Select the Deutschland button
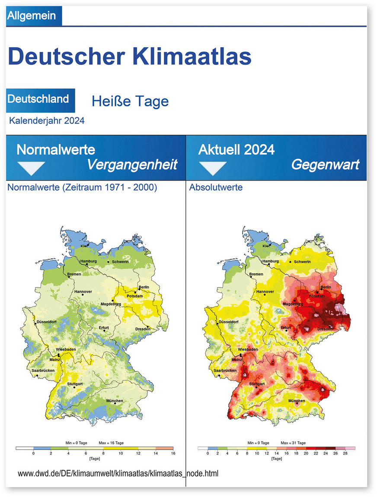pyautogui.click(x=38, y=98)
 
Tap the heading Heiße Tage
pyautogui.click(x=130, y=101)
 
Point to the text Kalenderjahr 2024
pyautogui.click(x=47, y=120)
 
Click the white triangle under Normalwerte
pyautogui.click(x=31, y=168)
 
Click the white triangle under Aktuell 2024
pyautogui.click(x=212, y=168)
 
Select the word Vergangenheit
pyautogui.click(x=132, y=165)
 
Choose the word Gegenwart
pyautogui.click(x=325, y=165)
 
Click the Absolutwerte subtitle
pyautogui.click(x=216, y=187)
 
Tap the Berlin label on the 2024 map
pyautogui.click(x=326, y=287)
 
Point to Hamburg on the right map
pyautogui.click(x=270, y=261)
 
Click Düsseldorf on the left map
pyautogui.click(x=47, y=322)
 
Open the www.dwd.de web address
pyautogui.click(x=118, y=473)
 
